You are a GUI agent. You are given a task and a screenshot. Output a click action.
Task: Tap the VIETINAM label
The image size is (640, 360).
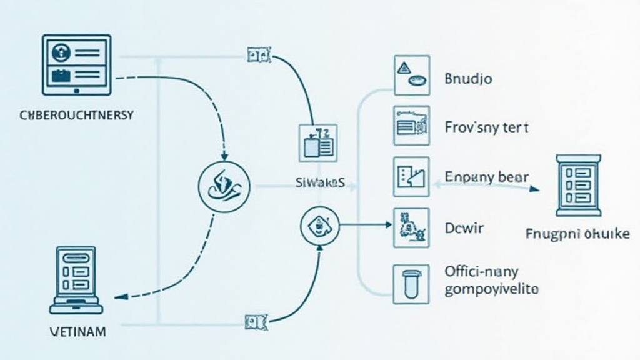click(x=77, y=331)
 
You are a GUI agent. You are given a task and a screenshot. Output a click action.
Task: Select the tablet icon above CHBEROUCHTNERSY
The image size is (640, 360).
click(x=77, y=64)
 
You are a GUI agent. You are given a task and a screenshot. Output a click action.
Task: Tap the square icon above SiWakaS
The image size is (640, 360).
click(x=318, y=142)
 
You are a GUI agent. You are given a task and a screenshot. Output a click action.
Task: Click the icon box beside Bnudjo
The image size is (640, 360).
click(x=411, y=74)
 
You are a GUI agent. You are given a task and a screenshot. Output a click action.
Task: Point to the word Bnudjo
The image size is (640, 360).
click(x=468, y=79)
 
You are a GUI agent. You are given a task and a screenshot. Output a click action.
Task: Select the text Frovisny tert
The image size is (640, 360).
click(x=487, y=128)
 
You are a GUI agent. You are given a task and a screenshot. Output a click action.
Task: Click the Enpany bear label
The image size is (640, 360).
click(x=487, y=177)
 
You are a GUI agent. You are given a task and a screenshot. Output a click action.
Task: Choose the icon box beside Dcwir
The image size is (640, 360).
click(x=411, y=226)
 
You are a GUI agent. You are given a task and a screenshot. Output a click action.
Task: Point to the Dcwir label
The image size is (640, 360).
click(x=464, y=228)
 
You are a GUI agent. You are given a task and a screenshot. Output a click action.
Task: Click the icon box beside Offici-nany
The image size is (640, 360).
click(x=411, y=284)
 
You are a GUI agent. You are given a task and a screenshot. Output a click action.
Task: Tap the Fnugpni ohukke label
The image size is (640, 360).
click(x=577, y=234)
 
